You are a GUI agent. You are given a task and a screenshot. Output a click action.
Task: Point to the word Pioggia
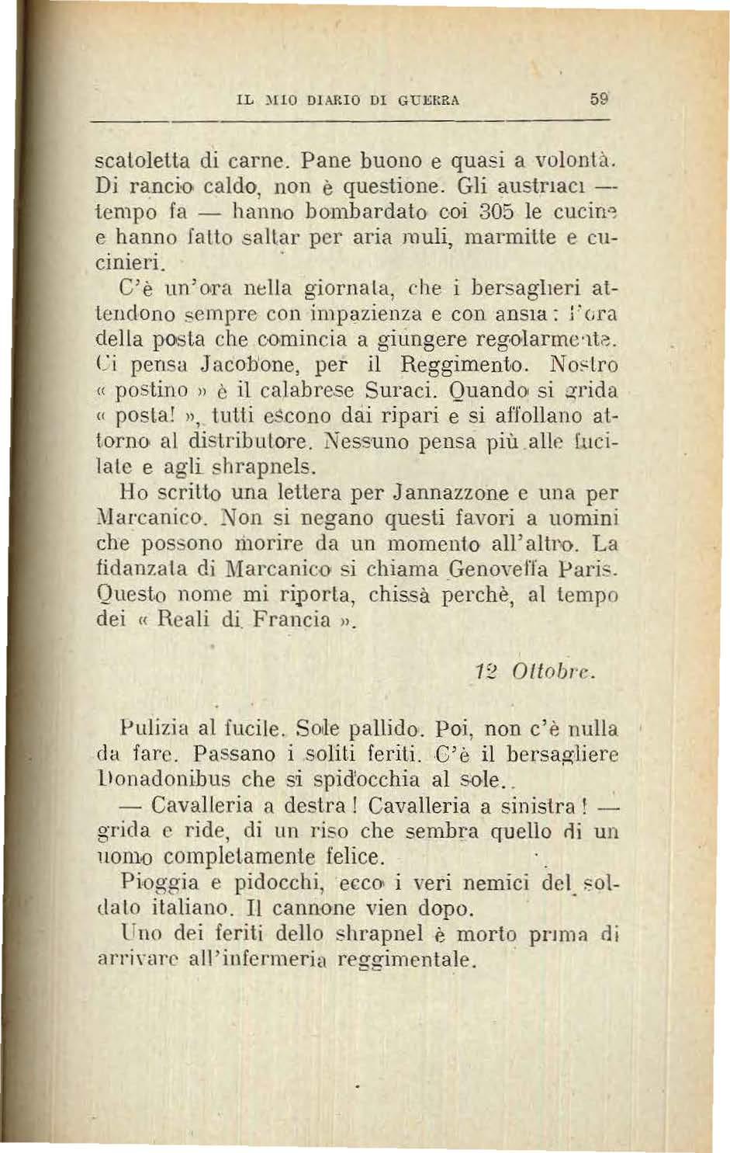coord(159,882)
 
